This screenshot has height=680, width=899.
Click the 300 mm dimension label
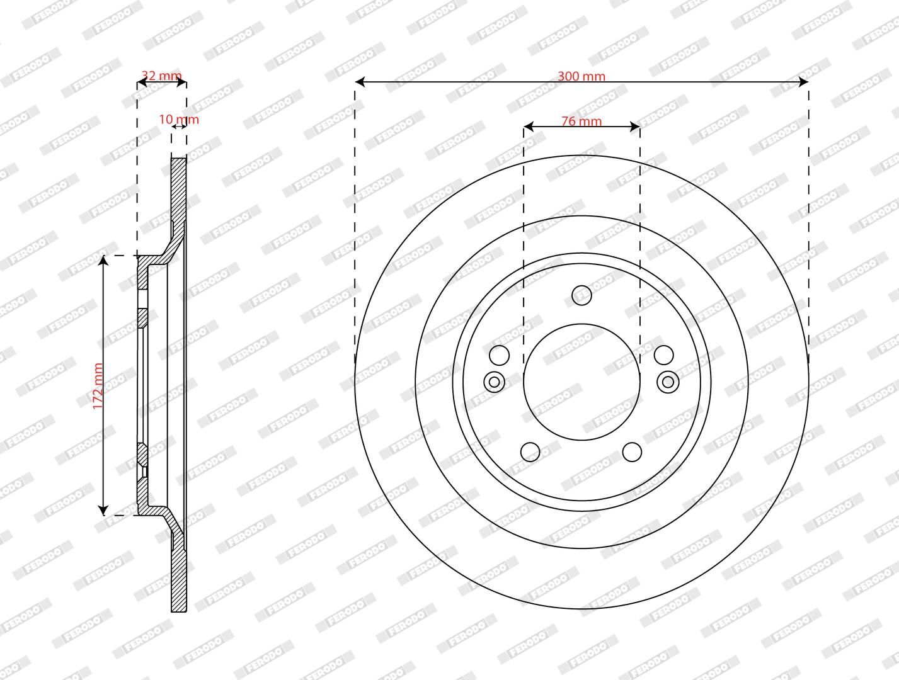click(x=581, y=76)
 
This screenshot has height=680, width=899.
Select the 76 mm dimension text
click(x=581, y=121)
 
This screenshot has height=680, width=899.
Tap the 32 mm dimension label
click(x=161, y=76)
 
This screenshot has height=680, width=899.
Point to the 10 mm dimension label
click(x=179, y=120)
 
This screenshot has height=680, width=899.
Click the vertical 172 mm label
click(x=98, y=386)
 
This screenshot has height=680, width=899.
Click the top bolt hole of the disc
click(x=581, y=295)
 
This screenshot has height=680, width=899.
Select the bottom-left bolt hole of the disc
click(x=530, y=451)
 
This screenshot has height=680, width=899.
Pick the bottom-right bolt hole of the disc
click(x=632, y=451)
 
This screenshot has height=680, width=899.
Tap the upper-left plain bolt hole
click(x=499, y=355)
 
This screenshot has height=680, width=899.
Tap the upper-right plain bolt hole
click(x=663, y=355)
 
